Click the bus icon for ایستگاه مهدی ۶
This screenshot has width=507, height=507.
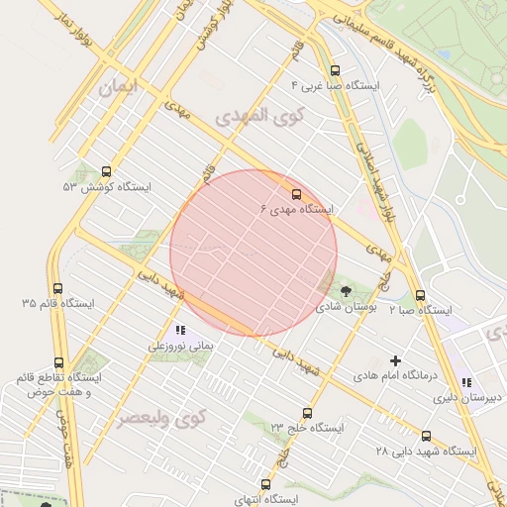pyautogui.click(x=296, y=193)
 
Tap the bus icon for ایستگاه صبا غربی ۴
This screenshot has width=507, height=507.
pyautogui.click(x=335, y=70)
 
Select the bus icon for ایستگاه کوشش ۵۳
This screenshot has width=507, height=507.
pyautogui.click(x=106, y=171)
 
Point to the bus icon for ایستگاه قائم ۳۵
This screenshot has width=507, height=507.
pyautogui.click(x=57, y=288)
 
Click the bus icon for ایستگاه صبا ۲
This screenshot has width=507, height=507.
pyautogui.click(x=420, y=294)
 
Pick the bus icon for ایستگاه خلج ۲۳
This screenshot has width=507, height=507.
pyautogui.click(x=307, y=413)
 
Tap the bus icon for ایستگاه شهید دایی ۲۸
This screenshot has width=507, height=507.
pyautogui.click(x=426, y=435)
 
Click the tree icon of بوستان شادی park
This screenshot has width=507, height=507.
pyautogui.click(x=346, y=290)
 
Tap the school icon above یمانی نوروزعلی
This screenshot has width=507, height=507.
pyautogui.click(x=179, y=330)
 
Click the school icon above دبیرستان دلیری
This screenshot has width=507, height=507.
pyautogui.click(x=466, y=382)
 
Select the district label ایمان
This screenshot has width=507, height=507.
pyautogui.click(x=121, y=88)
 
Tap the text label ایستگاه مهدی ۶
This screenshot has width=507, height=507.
pyautogui.click(x=297, y=210)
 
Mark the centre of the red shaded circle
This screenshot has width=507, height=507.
pyautogui.click(x=253, y=253)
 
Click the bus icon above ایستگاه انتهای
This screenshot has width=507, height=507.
pyautogui.click(x=264, y=484)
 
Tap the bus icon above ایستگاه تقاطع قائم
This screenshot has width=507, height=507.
pyautogui.click(x=58, y=363)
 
